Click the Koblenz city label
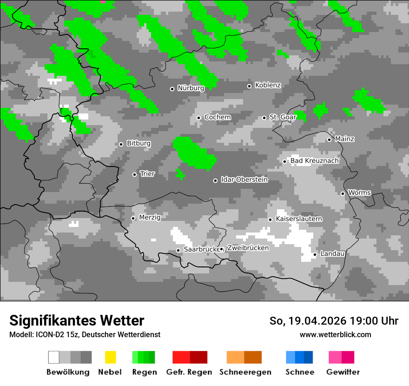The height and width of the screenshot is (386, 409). pos(268,86)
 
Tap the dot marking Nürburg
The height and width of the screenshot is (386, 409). pos(172,89)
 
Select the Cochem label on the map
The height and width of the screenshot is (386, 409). pos(218,117)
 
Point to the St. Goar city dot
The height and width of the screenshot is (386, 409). pos(264,118)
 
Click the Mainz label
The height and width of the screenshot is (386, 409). pos(344,139)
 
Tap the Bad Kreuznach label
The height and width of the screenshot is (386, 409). pos(315,161)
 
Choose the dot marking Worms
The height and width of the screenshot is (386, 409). pos(343,193)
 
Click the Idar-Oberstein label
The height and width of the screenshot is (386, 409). pos(244,180)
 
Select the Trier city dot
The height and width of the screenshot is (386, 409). pos(134,174)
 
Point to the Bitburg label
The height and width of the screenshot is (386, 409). pos(139,144)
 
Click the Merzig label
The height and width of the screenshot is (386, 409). pos(150,217)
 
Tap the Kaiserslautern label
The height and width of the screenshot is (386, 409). pos(299,219)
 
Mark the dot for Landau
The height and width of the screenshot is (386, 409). pos(315,254)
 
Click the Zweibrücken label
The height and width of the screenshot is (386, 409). pos(248,248)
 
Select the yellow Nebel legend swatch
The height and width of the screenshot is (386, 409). pos(110,357)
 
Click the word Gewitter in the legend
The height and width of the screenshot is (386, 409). pos(343,372)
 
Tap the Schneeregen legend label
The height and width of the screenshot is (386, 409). pos(245,372)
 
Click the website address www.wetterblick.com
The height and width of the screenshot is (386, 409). pos(336,334)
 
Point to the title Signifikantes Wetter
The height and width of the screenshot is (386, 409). pos(77,320)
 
